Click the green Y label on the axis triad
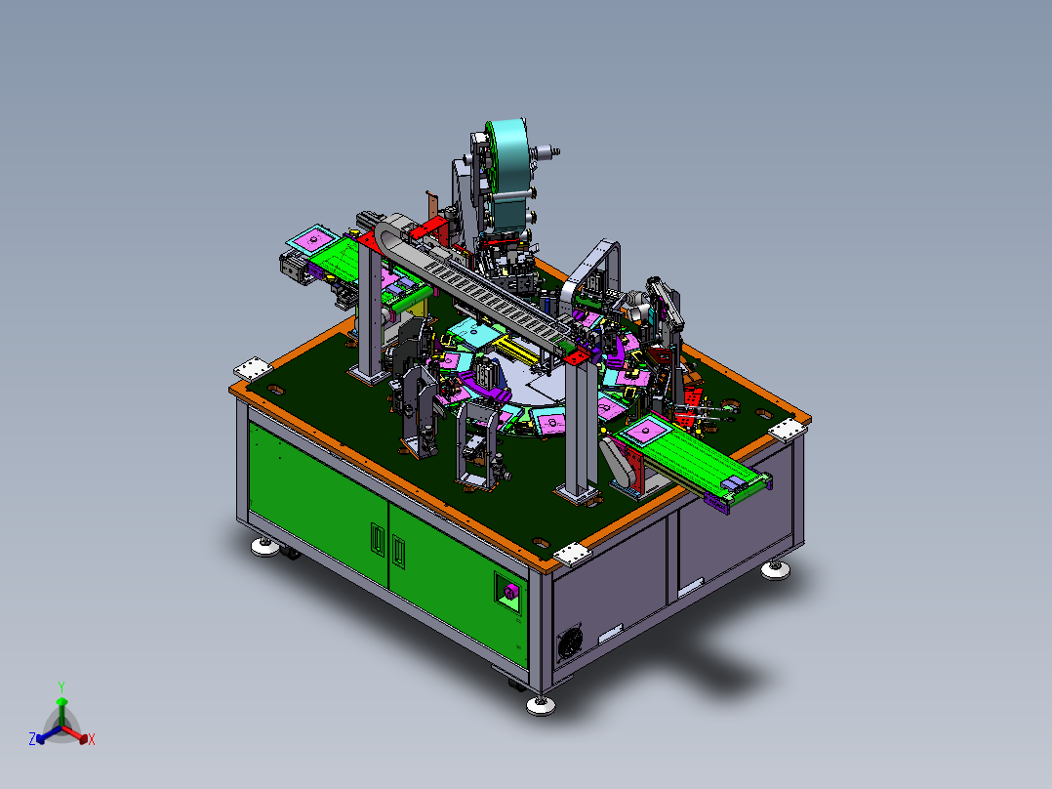pyautogui.click(x=61, y=687)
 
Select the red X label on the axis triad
pyautogui.click(x=92, y=740)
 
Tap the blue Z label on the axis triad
pyautogui.click(x=32, y=739)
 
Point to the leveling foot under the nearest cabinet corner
pyautogui.click(x=541, y=705)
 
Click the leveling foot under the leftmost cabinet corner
pyautogui.click(x=265, y=547)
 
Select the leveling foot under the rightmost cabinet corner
pyautogui.click(x=776, y=571)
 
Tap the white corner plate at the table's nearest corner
pyautogui.click(x=572, y=555)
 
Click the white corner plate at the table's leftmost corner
pyautogui.click(x=253, y=369)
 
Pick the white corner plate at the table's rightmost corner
pyautogui.click(x=787, y=429)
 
